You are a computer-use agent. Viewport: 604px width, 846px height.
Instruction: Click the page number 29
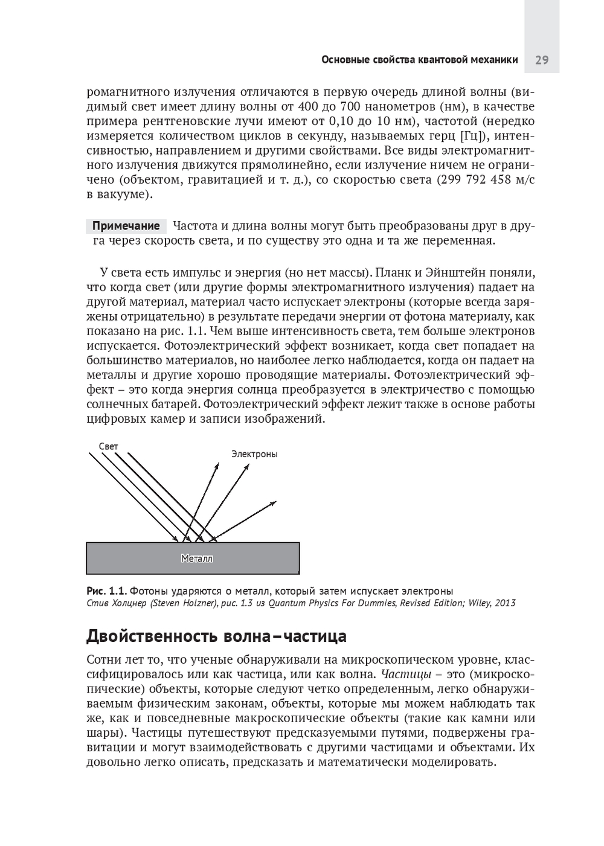tap(541, 60)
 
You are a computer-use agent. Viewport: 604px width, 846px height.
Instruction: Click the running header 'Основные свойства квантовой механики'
tap(419, 60)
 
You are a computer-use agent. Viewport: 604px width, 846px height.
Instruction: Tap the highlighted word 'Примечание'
tap(126, 226)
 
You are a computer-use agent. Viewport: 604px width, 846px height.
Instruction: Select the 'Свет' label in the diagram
tap(109, 446)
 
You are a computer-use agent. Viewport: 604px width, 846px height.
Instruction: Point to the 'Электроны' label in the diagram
tap(254, 454)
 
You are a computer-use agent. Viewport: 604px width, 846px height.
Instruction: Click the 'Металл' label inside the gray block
tap(197, 559)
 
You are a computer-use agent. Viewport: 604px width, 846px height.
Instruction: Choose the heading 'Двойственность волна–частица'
tap(216, 636)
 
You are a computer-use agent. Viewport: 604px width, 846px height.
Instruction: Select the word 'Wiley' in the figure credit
tap(478, 603)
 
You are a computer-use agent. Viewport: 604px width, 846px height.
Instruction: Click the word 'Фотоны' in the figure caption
tap(147, 591)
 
